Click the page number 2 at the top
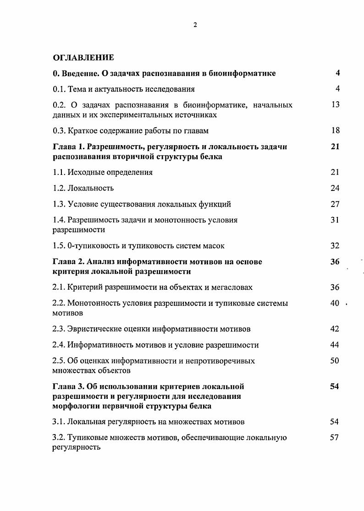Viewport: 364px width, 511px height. pos(195,25)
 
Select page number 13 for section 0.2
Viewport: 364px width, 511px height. pos(335,105)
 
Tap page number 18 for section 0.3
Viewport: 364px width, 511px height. pos(335,130)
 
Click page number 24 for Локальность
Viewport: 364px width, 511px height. pos(335,188)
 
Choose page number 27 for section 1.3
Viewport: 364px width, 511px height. pos(335,204)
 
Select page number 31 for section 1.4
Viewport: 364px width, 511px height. pos(335,220)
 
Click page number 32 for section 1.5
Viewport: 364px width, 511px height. pos(335,246)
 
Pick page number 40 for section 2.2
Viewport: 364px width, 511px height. pos(335,303)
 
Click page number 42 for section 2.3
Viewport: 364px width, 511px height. pos(335,329)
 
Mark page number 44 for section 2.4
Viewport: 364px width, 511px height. pos(335,345)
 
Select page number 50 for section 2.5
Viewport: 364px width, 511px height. pos(335,361)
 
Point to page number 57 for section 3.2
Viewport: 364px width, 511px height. pos(334,437)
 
